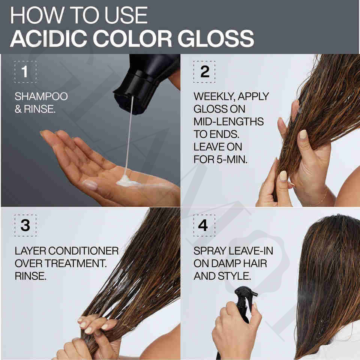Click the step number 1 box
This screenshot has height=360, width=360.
25,72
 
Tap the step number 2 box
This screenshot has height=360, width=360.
204,72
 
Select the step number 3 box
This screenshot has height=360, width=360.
25,225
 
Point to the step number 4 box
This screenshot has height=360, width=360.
204,225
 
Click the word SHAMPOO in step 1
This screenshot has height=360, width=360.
41,96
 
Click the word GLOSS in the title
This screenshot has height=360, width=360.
216,38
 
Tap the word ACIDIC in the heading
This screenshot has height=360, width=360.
48,38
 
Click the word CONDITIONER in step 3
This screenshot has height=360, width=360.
84,251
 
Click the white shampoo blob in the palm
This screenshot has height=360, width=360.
127,181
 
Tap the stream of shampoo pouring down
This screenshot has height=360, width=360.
129,135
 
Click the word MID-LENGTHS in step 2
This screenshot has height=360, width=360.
229,121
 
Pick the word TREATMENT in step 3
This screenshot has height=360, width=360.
75,264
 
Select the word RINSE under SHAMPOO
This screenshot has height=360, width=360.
40,109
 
